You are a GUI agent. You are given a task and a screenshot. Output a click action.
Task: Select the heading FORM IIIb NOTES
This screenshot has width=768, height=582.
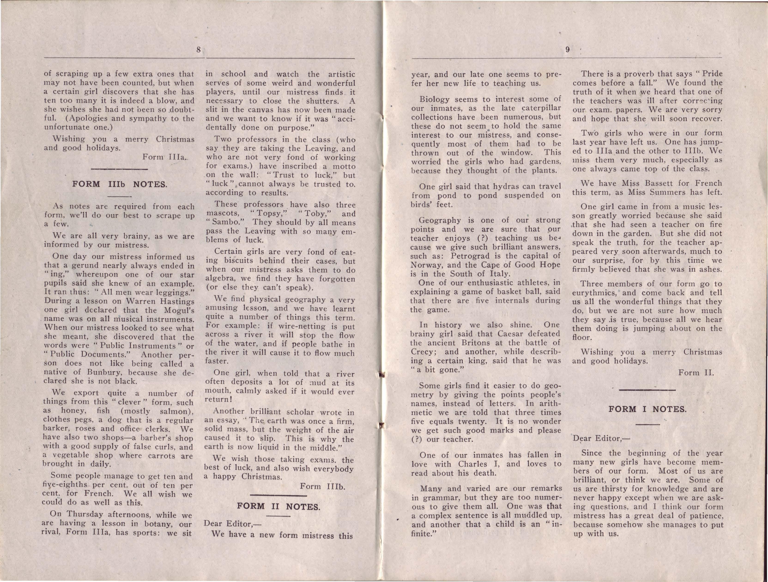[120, 184]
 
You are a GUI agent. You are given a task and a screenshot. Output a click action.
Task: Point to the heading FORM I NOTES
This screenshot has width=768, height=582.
[647, 409]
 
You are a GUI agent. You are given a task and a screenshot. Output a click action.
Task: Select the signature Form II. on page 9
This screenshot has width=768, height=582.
[696, 373]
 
